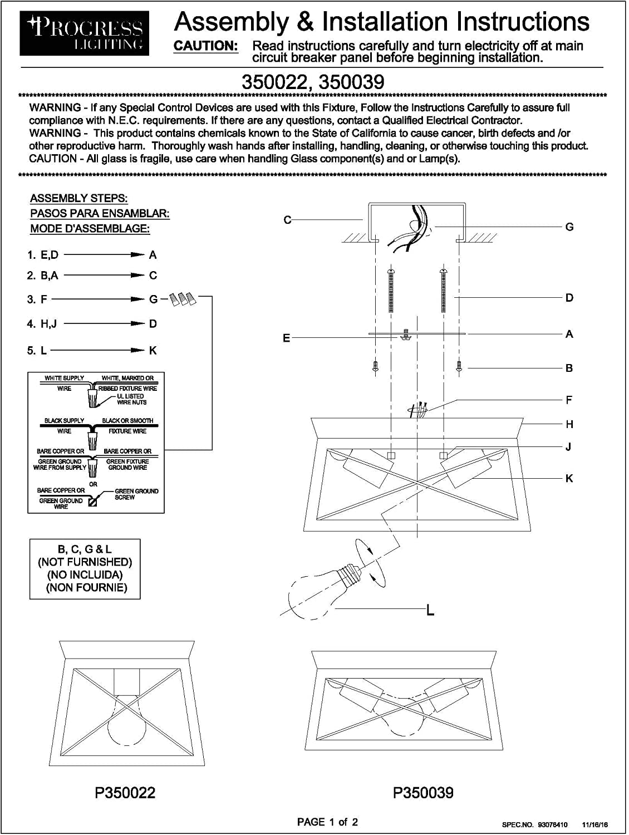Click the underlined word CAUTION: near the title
206,46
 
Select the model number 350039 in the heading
352,82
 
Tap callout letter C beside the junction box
287,220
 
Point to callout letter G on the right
569,227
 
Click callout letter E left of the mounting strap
287,338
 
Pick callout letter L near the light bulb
430,611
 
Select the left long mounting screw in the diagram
391,289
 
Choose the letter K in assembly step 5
153,351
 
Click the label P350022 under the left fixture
125,792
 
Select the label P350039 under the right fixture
423,792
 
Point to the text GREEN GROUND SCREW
136,494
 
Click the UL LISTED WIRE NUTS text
131,399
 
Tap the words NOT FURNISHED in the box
85,562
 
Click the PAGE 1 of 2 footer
327,822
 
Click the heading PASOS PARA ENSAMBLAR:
100,213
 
